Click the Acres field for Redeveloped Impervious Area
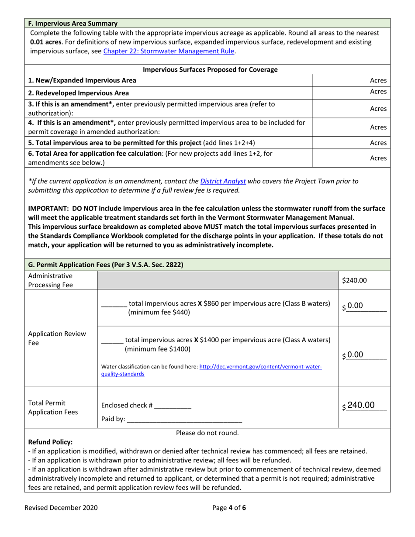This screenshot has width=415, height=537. pos(351,92)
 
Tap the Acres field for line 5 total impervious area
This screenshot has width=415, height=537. pos(351,143)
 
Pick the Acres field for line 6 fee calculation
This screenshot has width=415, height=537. pos(351,158)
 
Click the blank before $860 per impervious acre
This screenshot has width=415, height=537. pos(113,304)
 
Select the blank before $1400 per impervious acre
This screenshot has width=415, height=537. pos(111,340)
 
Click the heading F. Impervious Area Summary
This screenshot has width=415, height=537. pos(73,23)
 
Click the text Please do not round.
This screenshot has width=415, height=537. pos(207,433)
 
